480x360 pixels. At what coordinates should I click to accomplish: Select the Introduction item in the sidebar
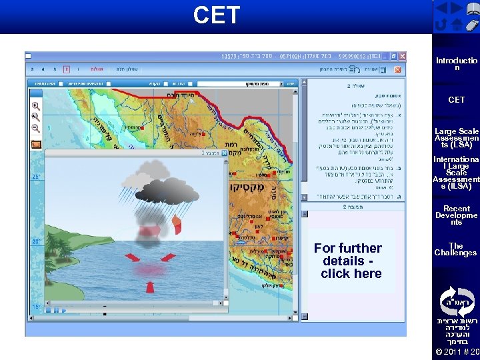pos(457,64)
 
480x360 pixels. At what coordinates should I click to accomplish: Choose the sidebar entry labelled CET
pos(457,100)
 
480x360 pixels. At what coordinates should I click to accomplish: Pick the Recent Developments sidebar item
pos(457,215)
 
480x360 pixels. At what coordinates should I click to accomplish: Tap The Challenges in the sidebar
pos(457,249)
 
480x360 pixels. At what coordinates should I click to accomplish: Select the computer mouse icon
pos(471,25)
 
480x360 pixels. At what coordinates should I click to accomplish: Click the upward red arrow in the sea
pos(149,286)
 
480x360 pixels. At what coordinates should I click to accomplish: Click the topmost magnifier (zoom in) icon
pos(36,106)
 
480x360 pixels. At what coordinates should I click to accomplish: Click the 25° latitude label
pos(36,177)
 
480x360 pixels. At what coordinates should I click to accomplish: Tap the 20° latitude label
pos(36,241)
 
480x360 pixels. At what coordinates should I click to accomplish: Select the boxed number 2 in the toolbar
pos(66,69)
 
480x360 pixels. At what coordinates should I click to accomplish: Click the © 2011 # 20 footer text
pos(457,352)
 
